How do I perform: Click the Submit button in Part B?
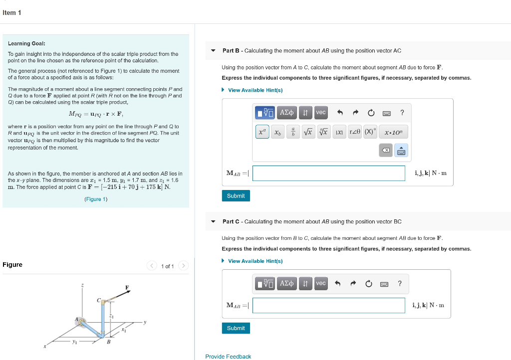236,196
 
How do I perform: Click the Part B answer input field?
329,173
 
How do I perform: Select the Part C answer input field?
328,305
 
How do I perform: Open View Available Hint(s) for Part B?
255,90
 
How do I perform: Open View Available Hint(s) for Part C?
255,261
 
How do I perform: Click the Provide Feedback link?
228,357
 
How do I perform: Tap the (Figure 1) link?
96,199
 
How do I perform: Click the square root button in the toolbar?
308,132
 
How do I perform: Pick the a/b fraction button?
293,132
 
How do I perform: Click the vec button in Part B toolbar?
321,113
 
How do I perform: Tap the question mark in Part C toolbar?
399,284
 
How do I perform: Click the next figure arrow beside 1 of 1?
183,266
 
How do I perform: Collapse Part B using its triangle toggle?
214,51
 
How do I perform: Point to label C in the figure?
99,301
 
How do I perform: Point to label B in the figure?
108,342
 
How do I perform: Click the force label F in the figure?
127,288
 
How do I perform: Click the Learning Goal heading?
26,44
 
